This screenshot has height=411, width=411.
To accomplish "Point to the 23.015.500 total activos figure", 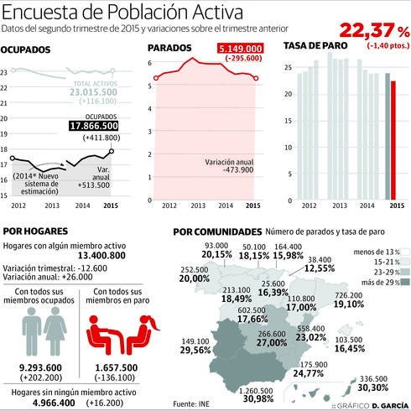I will tap(94, 91).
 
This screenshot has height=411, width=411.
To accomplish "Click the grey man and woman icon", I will tap(39, 335).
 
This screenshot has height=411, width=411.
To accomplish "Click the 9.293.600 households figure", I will tap(40, 369).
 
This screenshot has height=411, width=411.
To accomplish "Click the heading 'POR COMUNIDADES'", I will tap(216, 232).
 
